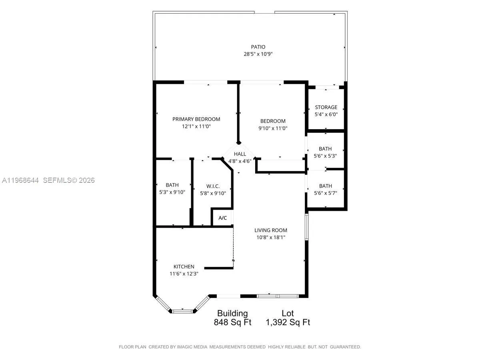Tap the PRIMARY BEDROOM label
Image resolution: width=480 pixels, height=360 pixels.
click(x=196, y=119)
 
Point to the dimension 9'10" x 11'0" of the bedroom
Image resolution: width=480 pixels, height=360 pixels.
click(x=273, y=128)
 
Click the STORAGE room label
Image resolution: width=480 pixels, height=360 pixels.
click(x=326, y=107)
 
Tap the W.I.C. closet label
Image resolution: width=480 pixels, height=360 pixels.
click(x=213, y=186)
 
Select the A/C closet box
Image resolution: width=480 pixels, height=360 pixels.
click(x=222, y=218)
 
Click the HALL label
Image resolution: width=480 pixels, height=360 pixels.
click(x=240, y=154)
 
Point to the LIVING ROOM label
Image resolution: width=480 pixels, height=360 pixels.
click(x=271, y=230)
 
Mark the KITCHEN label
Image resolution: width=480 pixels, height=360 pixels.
click(x=184, y=266)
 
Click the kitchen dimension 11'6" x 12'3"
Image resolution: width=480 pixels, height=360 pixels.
click(x=184, y=274)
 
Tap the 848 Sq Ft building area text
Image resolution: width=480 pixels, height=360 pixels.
click(x=233, y=322)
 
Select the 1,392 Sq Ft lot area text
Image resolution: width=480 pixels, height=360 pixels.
click(x=288, y=322)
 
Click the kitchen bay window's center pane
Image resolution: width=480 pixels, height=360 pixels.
click(x=183, y=310)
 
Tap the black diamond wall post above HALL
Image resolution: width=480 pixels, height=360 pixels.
click(x=238, y=142)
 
